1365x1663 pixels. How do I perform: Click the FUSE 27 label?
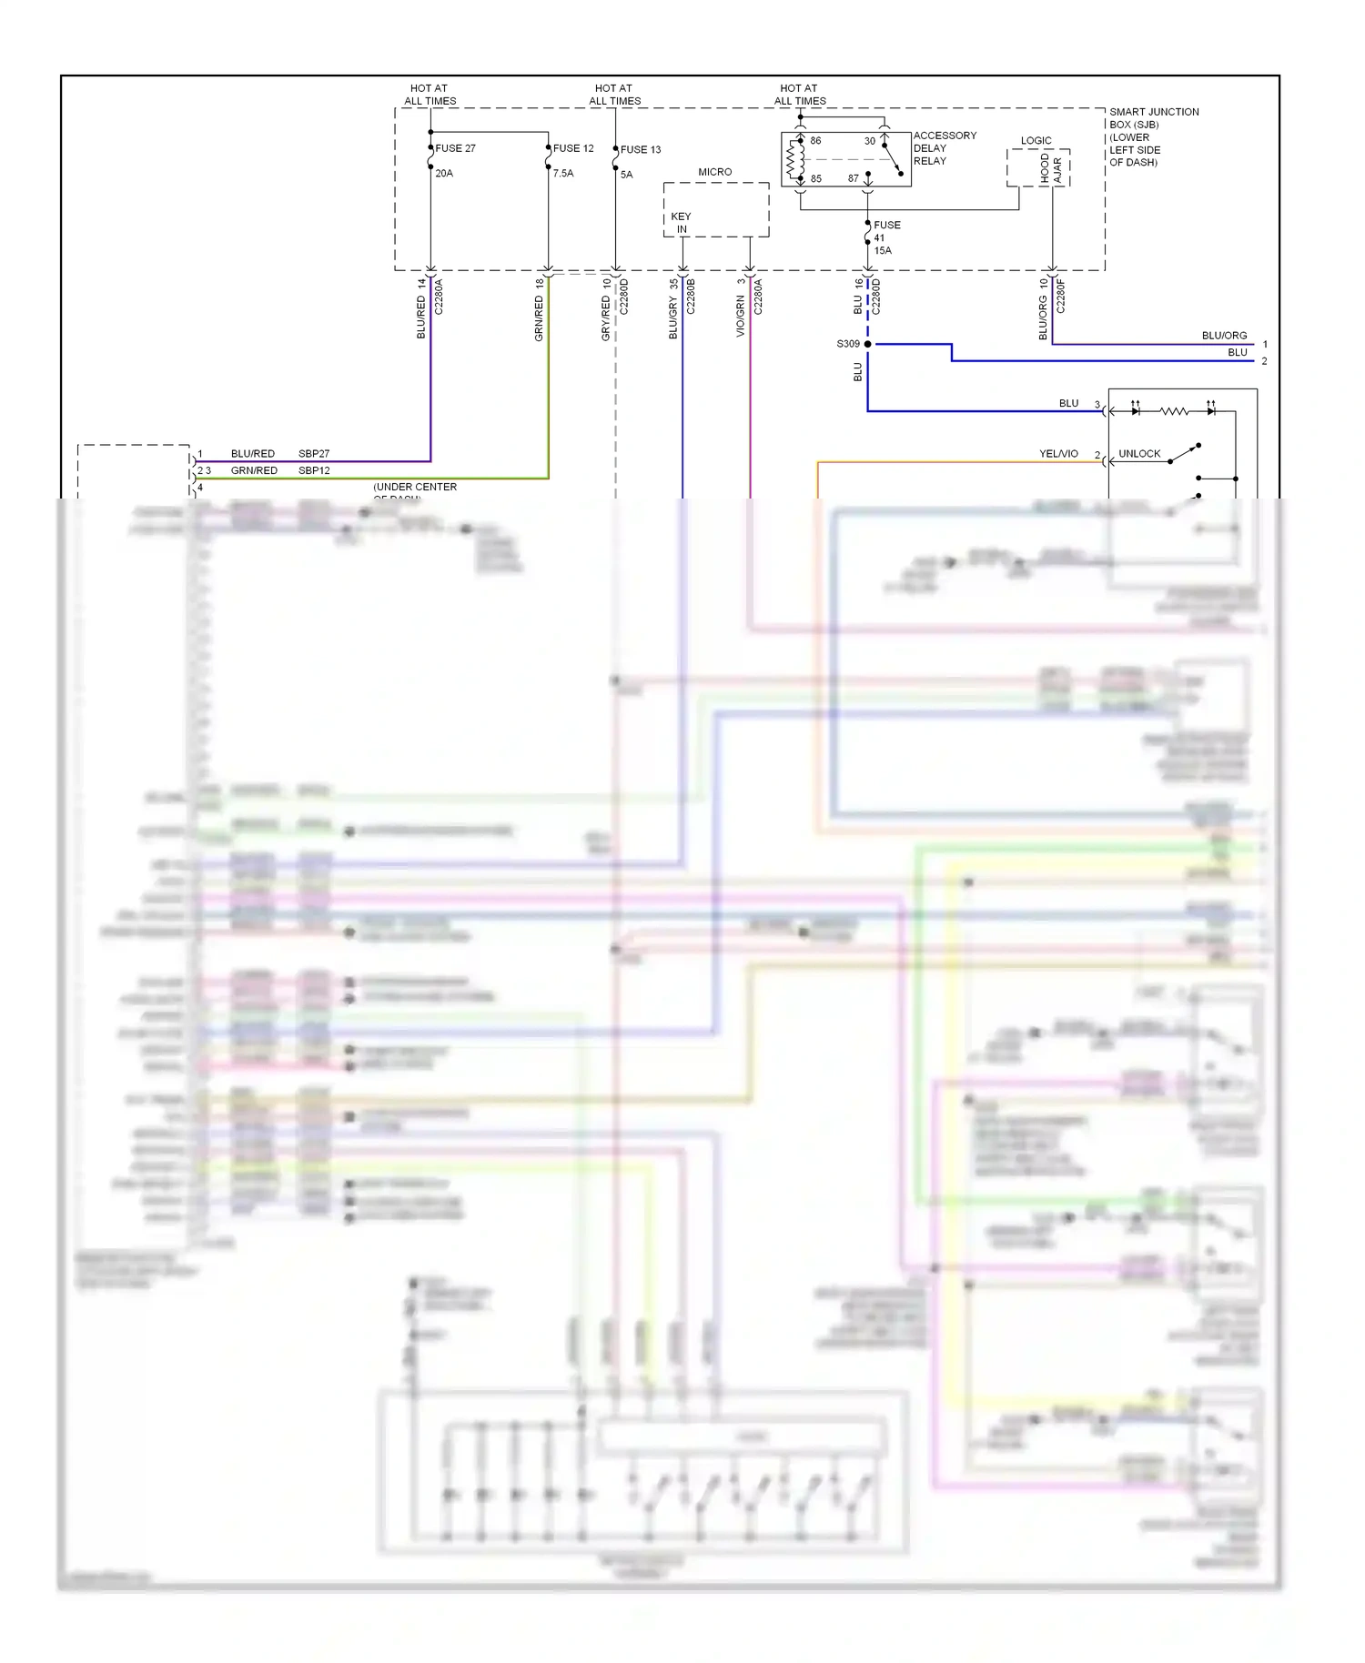[x=455, y=148]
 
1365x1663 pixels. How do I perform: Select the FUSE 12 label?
[x=573, y=148]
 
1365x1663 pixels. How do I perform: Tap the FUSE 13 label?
[x=641, y=150]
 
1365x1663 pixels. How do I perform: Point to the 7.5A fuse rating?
[x=563, y=173]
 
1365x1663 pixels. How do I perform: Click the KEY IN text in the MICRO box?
[x=681, y=223]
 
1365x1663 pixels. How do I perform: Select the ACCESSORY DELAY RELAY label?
[x=944, y=148]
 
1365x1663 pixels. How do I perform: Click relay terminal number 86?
[x=815, y=141]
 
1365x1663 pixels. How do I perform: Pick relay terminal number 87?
[x=853, y=178]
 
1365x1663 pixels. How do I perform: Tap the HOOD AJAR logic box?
[x=1050, y=169]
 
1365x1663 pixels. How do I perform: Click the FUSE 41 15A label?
[x=885, y=237]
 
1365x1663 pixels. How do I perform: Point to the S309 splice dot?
[x=867, y=344]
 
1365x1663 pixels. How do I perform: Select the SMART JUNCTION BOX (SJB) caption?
[x=1152, y=136]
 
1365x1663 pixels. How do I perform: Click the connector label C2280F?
[x=1060, y=297]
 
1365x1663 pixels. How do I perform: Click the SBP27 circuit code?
[x=314, y=453]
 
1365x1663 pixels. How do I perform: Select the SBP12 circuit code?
[x=314, y=470]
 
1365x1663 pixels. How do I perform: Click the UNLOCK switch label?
[x=1139, y=453]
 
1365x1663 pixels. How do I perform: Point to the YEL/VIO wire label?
[x=1058, y=453]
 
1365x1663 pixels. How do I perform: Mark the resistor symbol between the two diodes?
[x=1174, y=411]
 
